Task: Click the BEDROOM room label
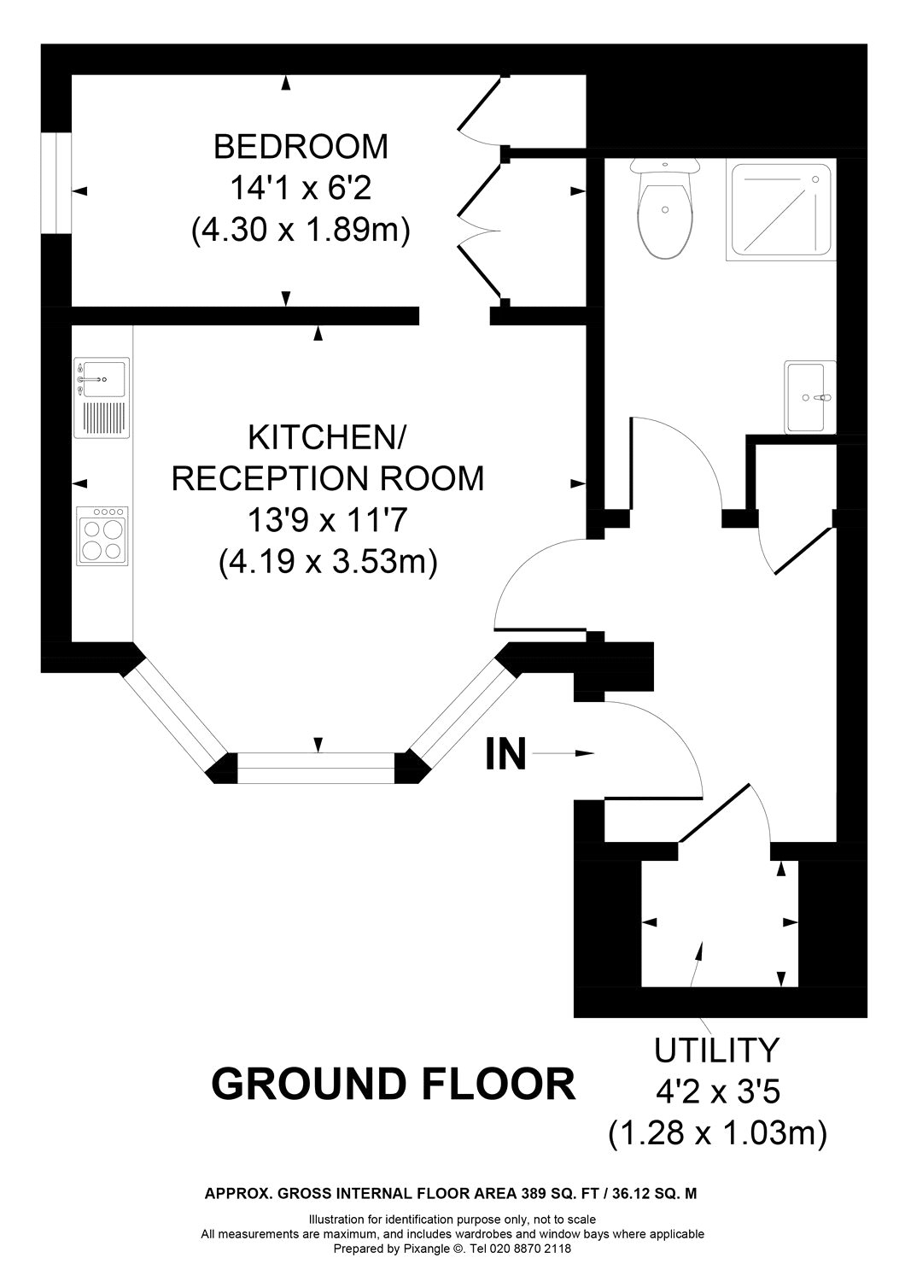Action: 301,147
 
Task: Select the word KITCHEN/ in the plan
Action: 328,437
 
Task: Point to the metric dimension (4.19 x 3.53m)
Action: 328,561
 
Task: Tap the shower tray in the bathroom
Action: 780,210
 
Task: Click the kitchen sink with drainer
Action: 102,397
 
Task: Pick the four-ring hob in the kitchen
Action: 102,535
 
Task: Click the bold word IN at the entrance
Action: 505,755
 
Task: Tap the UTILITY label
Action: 716,1048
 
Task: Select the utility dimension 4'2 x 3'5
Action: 716,1091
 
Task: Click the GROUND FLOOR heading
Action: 393,1085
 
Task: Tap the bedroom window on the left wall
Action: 56,181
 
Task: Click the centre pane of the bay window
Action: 317,768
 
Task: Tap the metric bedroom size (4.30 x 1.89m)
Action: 301,230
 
